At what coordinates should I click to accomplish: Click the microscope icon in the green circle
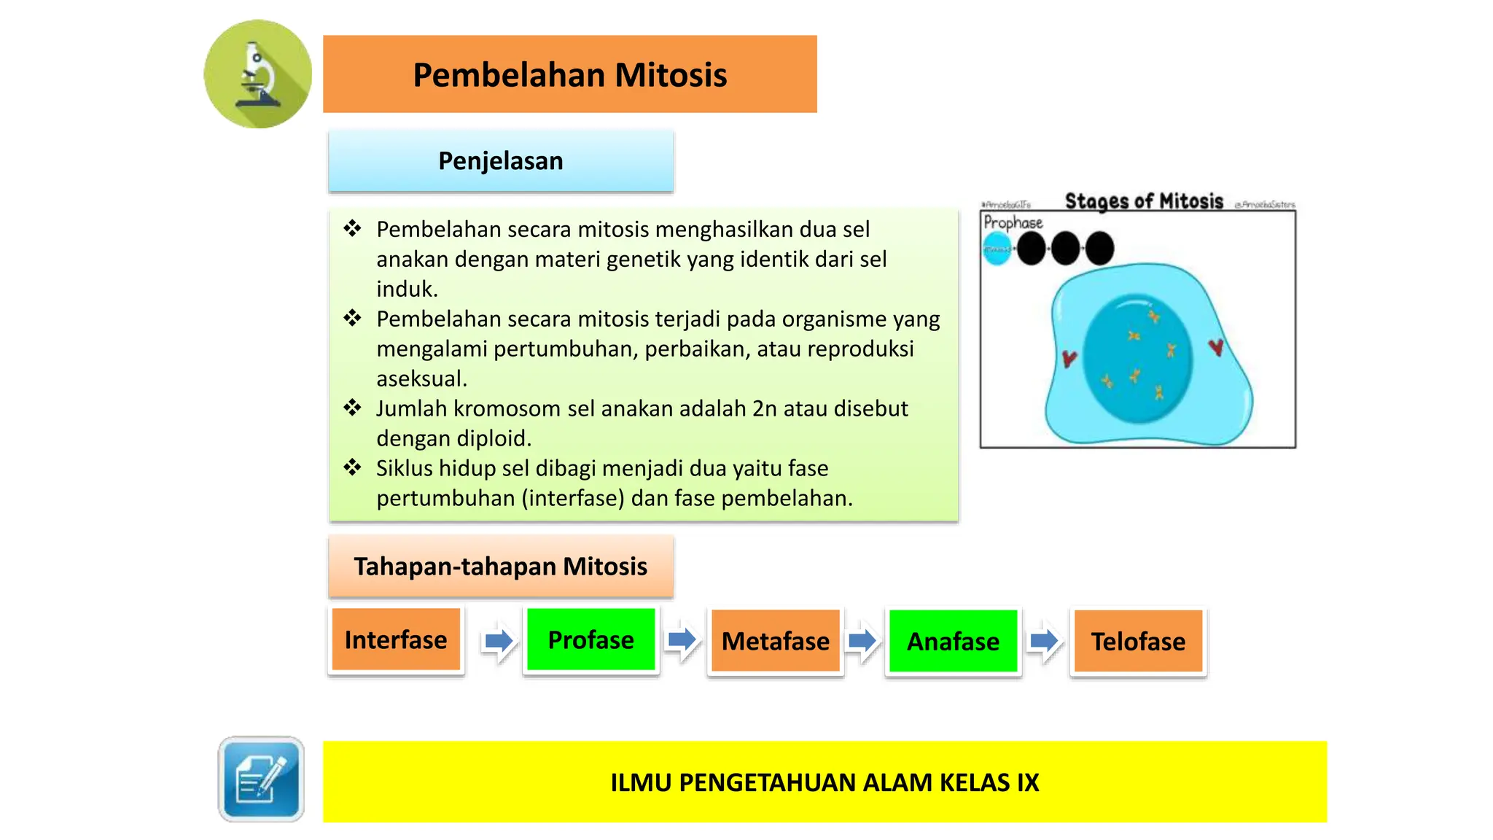click(257, 74)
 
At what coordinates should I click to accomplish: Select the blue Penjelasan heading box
click(500, 161)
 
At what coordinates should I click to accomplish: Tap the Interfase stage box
click(396, 640)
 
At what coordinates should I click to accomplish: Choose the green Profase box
click(590, 640)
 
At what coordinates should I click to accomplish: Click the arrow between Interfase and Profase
click(499, 641)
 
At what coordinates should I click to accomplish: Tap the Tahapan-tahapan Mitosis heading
click(500, 567)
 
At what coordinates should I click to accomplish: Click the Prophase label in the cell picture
click(1013, 222)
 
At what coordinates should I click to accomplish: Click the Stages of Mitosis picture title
click(1144, 201)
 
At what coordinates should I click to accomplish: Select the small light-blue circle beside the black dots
click(997, 249)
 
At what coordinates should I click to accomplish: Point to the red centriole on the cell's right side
click(1216, 347)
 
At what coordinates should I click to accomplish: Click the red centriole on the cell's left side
click(1069, 358)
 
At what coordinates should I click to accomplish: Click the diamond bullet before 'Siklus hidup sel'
click(353, 467)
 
